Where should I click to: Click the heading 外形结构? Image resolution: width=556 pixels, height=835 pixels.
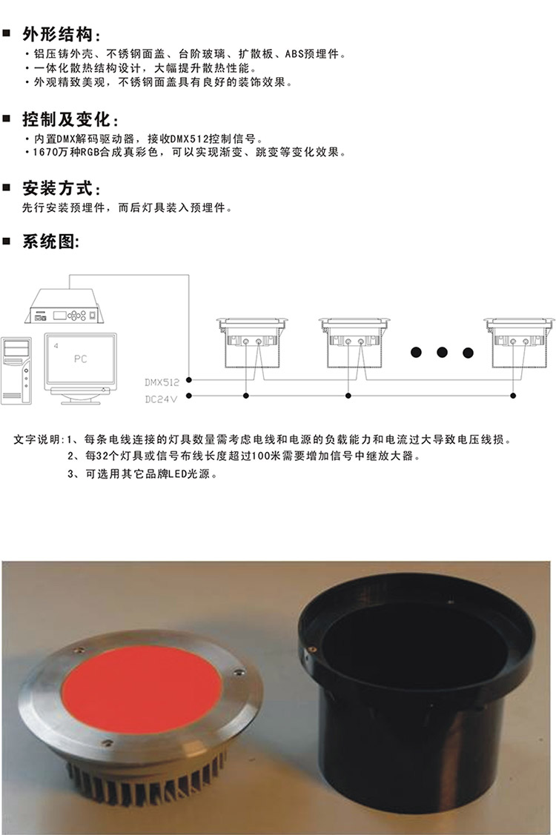(58, 35)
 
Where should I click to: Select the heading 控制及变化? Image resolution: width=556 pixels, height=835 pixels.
(67, 119)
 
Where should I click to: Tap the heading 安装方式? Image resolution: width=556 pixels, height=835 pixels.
(58, 188)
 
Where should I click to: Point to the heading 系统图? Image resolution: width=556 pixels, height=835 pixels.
(48, 242)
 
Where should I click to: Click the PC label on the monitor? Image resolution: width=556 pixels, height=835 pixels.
(81, 359)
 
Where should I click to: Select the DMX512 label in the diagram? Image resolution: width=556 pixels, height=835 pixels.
(162, 382)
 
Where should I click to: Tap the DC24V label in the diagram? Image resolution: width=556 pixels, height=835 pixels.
(160, 399)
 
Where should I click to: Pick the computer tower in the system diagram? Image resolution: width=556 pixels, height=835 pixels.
(16, 370)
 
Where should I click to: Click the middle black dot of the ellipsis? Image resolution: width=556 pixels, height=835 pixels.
(442, 352)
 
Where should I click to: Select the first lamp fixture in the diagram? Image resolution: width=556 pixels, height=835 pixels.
(251, 342)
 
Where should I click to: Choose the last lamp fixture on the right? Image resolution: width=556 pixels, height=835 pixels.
(519, 342)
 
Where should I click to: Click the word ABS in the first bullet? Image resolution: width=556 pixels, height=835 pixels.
(294, 54)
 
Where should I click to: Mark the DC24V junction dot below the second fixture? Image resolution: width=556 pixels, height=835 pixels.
(348, 396)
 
